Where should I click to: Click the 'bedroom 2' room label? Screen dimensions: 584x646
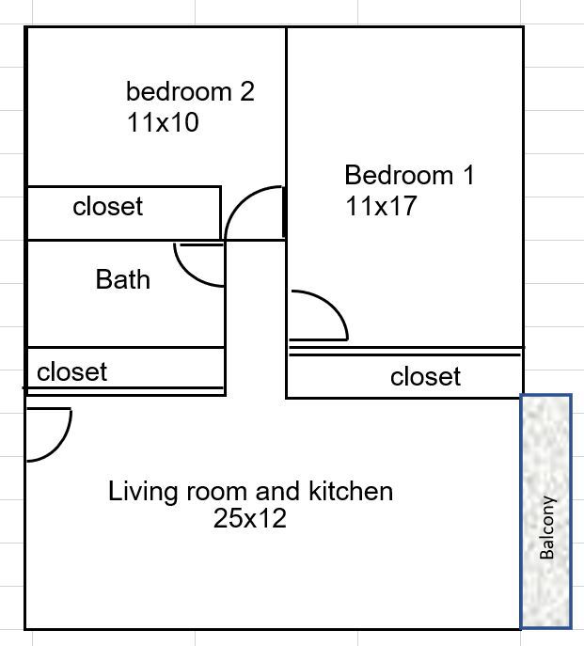tap(190, 91)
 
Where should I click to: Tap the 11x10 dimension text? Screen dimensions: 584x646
tap(163, 122)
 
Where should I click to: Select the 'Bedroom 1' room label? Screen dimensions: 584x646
tap(409, 175)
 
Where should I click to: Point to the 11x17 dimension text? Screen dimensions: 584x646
tap(381, 206)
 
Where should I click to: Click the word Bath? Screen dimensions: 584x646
tap(123, 279)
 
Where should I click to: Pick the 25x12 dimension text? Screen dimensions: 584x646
tap(250, 518)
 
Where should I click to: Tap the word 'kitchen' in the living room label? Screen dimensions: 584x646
tap(351, 491)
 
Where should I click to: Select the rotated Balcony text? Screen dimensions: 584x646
tap(547, 528)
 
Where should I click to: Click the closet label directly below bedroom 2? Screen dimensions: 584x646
tap(107, 206)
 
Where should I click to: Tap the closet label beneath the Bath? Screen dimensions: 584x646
tap(71, 371)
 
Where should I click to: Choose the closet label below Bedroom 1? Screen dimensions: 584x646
tap(425, 376)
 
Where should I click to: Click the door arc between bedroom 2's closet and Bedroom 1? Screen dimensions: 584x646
tap(241, 197)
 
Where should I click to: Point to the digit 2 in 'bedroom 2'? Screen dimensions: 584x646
tap(247, 91)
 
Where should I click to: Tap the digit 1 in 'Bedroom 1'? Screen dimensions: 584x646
tap(468, 175)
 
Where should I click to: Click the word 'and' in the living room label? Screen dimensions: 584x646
tap(277, 491)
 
